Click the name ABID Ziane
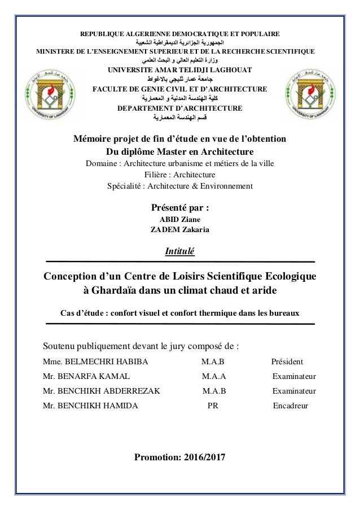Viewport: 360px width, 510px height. [179, 219]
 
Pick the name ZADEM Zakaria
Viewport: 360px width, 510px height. [179, 229]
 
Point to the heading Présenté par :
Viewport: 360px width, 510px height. [179, 207]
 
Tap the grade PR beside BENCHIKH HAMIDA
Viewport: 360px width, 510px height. [213, 406]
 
